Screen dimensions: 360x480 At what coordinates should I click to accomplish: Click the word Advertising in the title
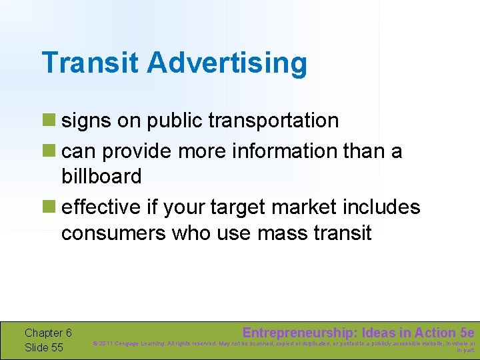(227, 63)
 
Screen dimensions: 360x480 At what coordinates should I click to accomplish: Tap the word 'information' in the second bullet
(285, 151)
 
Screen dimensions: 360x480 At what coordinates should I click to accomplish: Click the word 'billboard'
(101, 177)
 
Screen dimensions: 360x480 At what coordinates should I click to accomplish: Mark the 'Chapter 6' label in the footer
(48, 333)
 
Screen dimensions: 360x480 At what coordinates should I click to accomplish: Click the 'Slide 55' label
(44, 347)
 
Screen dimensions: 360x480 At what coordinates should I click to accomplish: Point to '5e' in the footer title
(467, 333)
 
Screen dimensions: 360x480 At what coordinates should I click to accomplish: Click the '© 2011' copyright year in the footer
(104, 344)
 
